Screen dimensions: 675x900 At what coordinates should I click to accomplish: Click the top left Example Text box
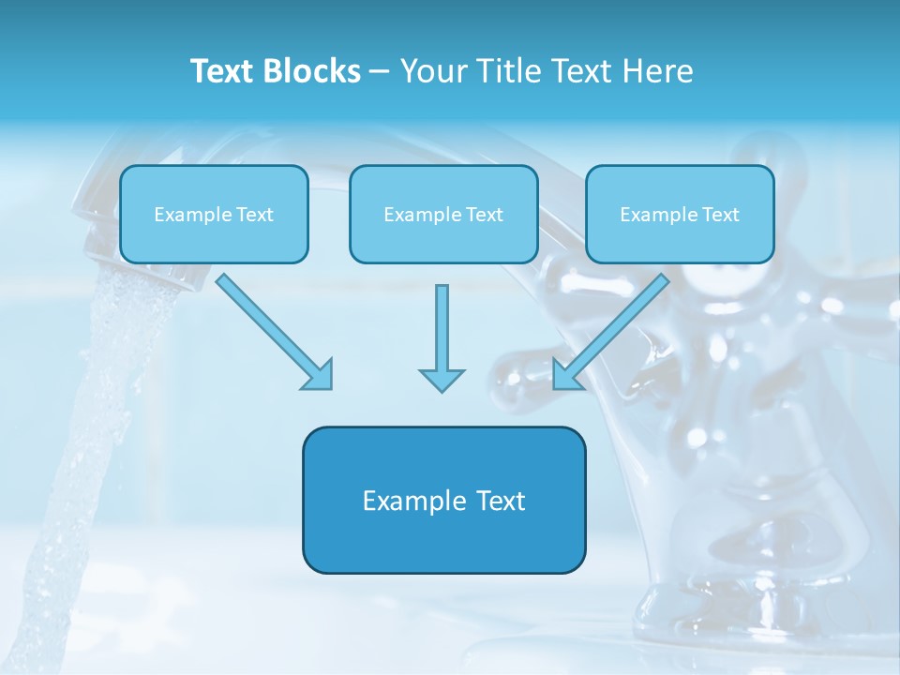click(x=214, y=215)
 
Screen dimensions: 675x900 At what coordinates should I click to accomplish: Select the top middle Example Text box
click(x=443, y=215)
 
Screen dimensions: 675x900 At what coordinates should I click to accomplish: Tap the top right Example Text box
click(x=680, y=215)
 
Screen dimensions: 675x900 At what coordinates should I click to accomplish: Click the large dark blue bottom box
click(x=443, y=525)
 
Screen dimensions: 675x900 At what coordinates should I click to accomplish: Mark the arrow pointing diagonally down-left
click(x=615, y=327)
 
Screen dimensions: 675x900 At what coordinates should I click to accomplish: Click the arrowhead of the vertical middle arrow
click(x=442, y=380)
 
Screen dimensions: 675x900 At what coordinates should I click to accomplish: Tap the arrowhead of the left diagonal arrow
click(x=320, y=376)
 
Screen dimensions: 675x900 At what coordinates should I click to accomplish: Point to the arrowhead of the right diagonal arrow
click(x=564, y=376)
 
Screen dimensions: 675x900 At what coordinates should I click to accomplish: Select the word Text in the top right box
click(x=720, y=215)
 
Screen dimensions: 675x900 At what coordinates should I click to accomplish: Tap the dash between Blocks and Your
click(x=380, y=72)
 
